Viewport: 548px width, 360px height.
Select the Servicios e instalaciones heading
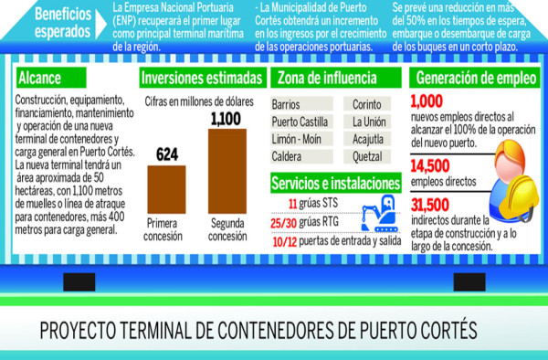pyautogui.click(x=336, y=183)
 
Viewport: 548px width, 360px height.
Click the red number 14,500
pyautogui.click(x=435, y=166)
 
